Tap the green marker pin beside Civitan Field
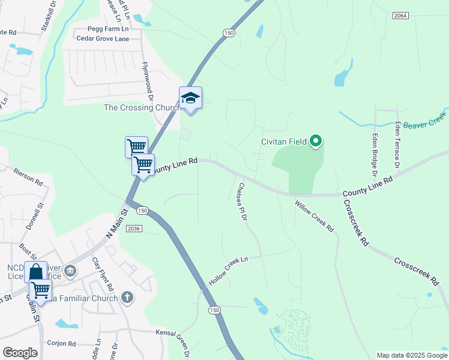(x=316, y=142)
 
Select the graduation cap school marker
(x=190, y=98)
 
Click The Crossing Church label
(x=142, y=108)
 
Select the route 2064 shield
(x=401, y=15)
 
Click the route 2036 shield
(x=134, y=229)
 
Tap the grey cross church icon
(x=127, y=296)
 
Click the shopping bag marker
(x=35, y=272)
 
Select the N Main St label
(x=117, y=223)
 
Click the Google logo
(x=20, y=353)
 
